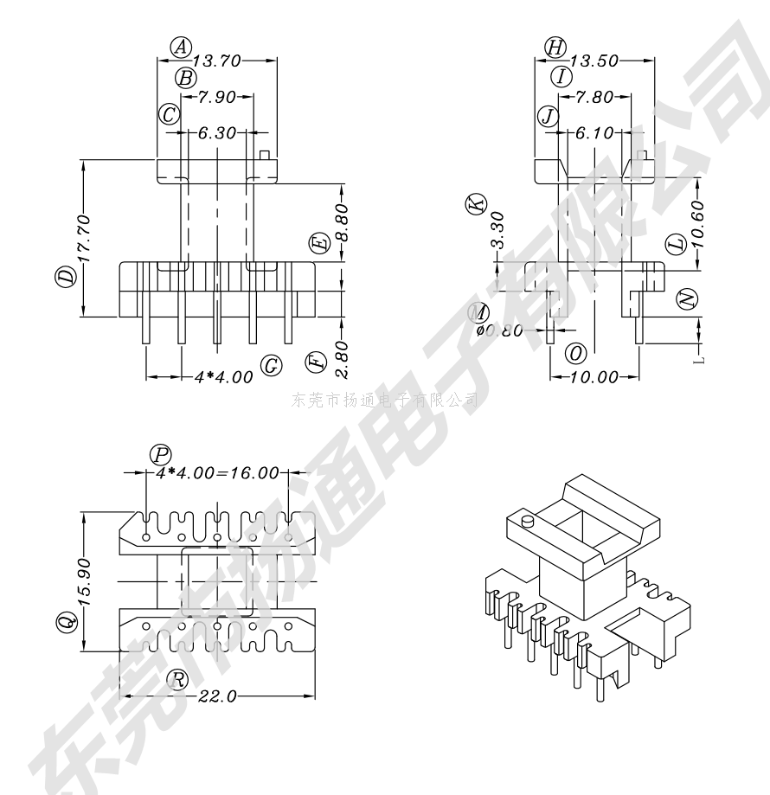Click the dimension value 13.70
point(216,61)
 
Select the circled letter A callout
point(180,46)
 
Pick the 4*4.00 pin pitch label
point(224,377)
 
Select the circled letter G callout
point(272,366)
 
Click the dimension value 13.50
point(594,61)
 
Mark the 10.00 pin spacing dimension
point(594,377)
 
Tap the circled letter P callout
point(160,453)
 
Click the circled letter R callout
point(178,679)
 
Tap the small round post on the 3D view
point(527,522)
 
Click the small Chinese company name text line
point(385,400)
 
